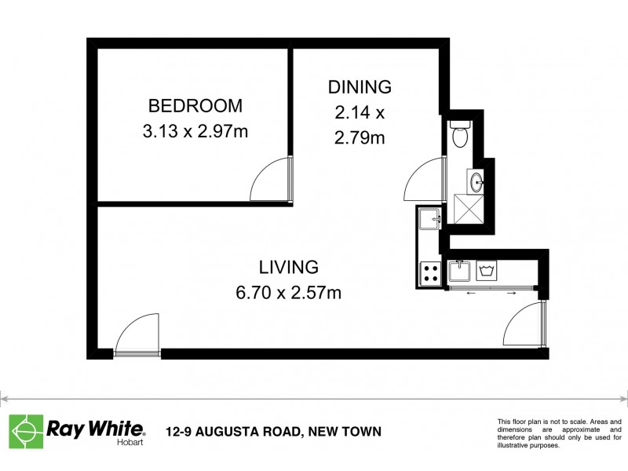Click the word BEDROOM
point(195,106)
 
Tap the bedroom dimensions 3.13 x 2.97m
point(195,131)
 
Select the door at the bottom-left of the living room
point(136,336)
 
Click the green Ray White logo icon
point(26,430)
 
